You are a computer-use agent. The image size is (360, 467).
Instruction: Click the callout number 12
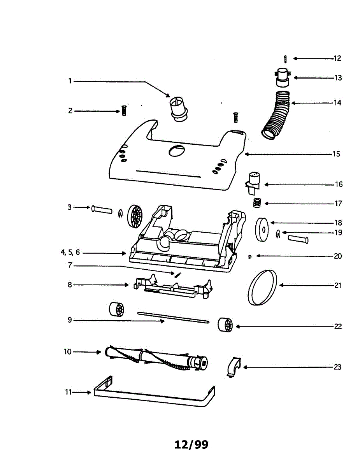click(337, 58)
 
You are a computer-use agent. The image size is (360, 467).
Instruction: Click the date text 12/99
click(191, 444)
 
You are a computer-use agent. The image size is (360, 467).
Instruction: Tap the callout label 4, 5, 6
click(70, 252)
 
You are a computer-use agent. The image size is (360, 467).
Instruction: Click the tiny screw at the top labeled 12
click(286, 58)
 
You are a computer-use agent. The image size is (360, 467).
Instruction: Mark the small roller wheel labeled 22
click(225, 325)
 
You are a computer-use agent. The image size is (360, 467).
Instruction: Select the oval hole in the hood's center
click(177, 150)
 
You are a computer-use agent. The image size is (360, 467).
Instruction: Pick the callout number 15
click(336, 154)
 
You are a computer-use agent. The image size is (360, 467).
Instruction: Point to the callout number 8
click(70, 285)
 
